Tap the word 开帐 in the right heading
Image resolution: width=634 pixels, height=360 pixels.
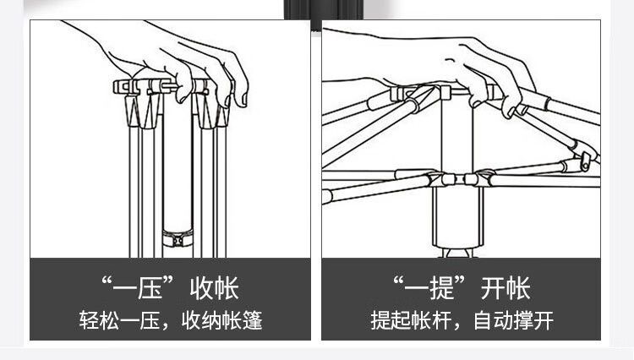[x=506, y=287]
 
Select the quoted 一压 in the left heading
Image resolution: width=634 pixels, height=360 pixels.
[x=139, y=287]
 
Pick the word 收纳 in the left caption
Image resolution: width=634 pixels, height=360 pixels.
[x=200, y=321]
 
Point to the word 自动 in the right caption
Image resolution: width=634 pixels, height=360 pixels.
[x=492, y=321]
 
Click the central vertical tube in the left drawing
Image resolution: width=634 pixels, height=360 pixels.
[x=177, y=161]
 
